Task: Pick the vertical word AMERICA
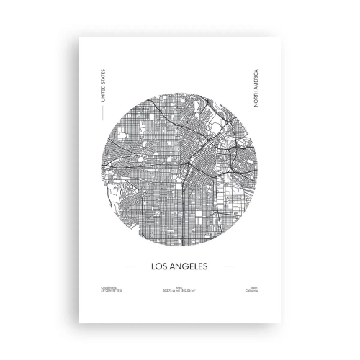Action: [x=255, y=81]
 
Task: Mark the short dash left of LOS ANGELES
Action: [x=130, y=265]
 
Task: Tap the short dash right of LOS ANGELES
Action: [x=230, y=265]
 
